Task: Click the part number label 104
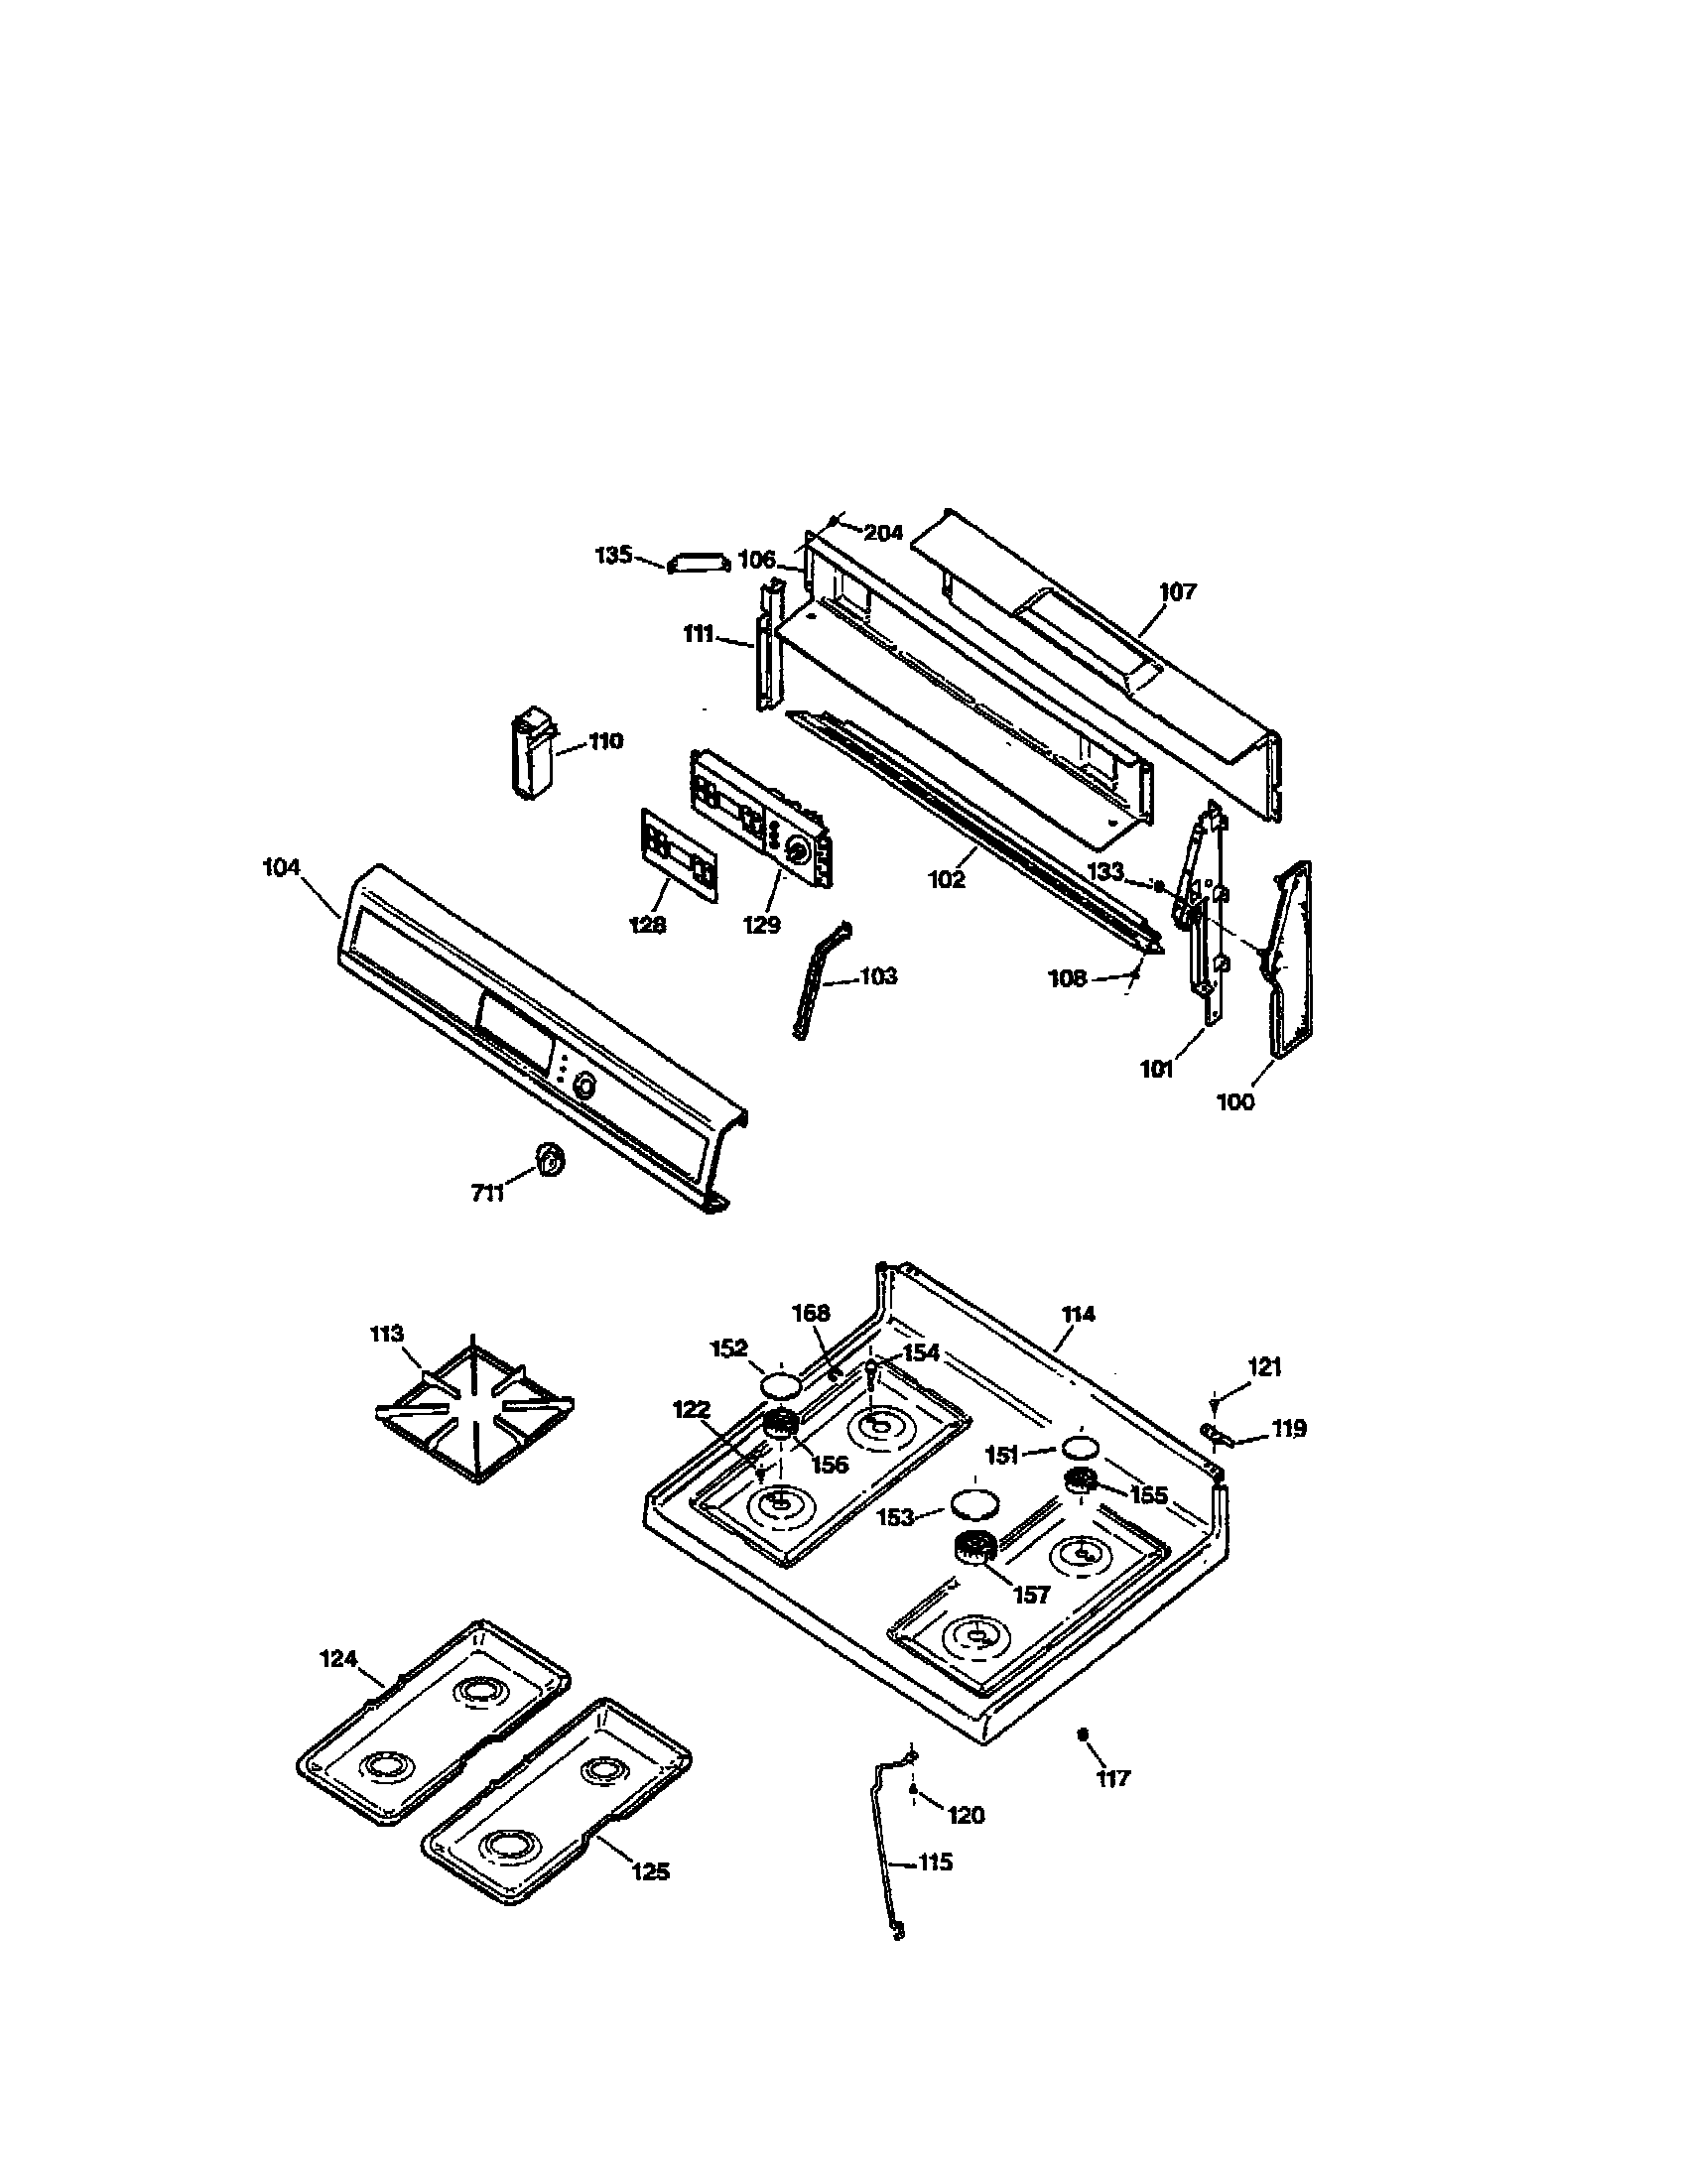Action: click(281, 867)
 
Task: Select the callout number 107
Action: click(1177, 591)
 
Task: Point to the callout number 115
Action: click(935, 1862)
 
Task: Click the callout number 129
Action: click(760, 925)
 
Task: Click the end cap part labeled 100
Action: click(1291, 960)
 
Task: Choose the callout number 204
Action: click(882, 533)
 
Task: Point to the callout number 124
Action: click(337, 1659)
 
